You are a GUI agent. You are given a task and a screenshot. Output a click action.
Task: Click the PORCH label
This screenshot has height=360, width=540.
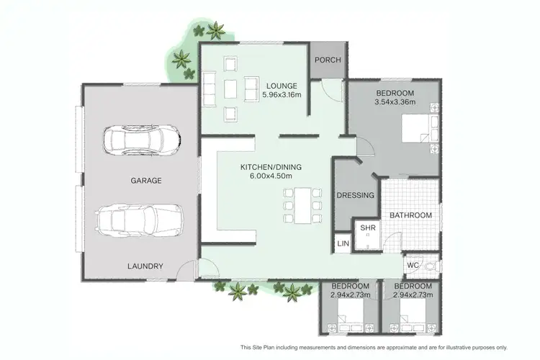point(328,60)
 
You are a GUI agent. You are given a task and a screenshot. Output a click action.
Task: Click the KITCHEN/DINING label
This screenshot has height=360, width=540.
point(271,167)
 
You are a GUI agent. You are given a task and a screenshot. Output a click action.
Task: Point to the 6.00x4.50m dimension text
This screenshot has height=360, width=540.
point(271,177)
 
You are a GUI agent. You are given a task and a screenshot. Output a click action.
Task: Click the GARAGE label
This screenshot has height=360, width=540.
point(146,181)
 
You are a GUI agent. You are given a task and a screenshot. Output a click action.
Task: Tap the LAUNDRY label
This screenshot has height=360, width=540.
point(145,266)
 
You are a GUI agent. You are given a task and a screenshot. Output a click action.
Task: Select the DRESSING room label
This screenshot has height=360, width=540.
point(356,195)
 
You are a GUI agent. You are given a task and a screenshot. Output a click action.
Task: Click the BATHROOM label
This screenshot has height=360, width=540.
point(410,215)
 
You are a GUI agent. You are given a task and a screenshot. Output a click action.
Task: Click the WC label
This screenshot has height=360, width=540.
point(413,266)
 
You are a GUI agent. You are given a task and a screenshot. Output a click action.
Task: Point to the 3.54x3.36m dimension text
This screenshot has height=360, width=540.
point(395,103)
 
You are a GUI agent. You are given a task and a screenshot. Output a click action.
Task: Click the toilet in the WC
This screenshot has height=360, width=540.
point(430,266)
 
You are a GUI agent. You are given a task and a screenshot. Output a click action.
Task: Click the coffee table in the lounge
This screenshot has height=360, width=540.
point(230,89)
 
